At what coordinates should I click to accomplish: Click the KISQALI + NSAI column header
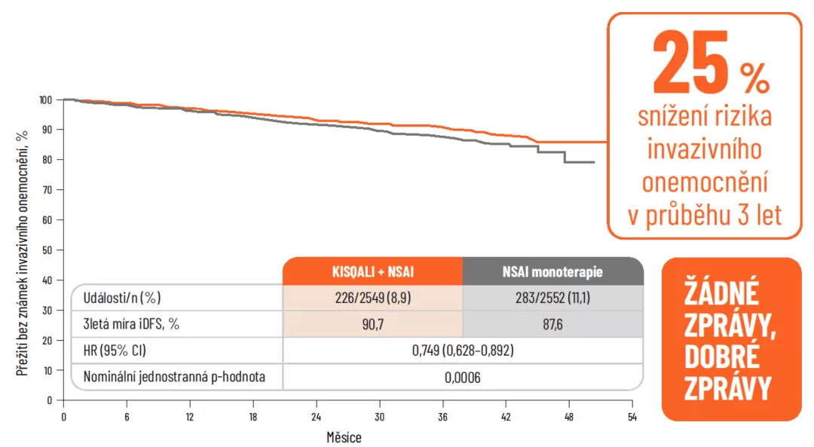pyautogui.click(x=372, y=271)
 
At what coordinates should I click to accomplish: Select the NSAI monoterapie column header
pyautogui.click(x=552, y=271)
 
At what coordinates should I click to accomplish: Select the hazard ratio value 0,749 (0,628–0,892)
pyautogui.click(x=462, y=351)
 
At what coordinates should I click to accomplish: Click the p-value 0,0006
pyautogui.click(x=462, y=377)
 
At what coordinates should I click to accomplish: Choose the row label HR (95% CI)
pyautogui.click(x=113, y=351)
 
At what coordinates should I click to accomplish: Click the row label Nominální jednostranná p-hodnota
pyautogui.click(x=174, y=377)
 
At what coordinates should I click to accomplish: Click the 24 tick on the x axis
pyautogui.click(x=316, y=416)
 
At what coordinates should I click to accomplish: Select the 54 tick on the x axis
pyautogui.click(x=632, y=416)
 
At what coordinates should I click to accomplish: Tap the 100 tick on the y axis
pyautogui.click(x=46, y=100)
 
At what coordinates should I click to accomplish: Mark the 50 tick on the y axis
pyautogui.click(x=48, y=250)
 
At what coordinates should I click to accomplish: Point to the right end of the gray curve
pyautogui.click(x=594, y=162)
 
